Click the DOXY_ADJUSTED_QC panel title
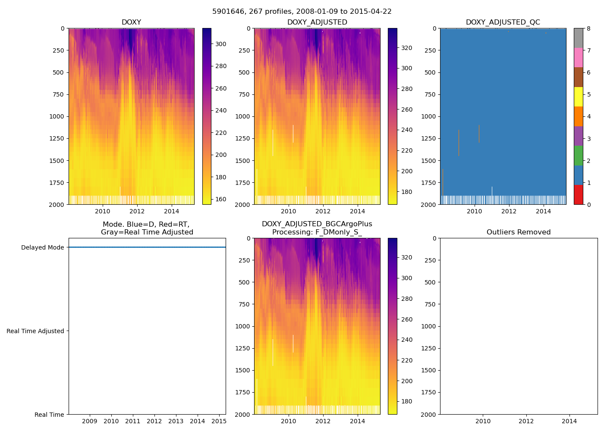click(503, 22)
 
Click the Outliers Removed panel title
click(519, 232)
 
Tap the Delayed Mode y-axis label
click(42, 247)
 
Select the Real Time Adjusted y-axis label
click(35, 331)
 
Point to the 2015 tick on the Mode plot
click(219, 421)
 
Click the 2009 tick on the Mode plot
click(89, 421)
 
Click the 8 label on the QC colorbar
click(589, 28)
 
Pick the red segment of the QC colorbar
click(579, 194)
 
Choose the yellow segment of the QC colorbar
click(579, 97)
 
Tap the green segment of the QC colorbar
click(579, 155)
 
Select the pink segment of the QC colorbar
click(579, 57)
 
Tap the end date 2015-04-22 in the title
click(370, 12)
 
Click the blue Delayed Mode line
click(147, 247)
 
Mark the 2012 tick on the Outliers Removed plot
click(526, 421)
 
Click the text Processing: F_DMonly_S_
click(317, 232)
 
